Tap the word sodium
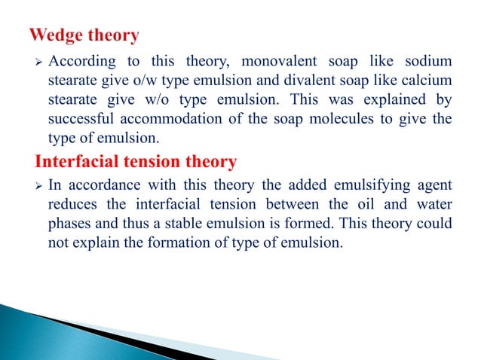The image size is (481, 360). pyautogui.click(x=427, y=62)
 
